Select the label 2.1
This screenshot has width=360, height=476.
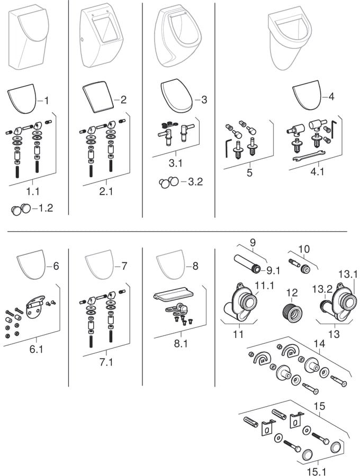[106, 191]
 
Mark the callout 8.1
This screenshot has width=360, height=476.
[181, 343]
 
